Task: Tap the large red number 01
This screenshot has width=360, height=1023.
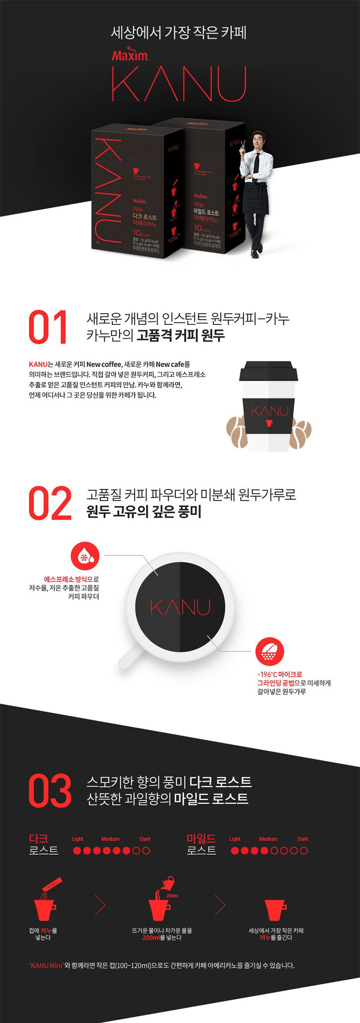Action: pos(48,328)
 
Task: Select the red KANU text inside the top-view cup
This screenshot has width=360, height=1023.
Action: pos(180,607)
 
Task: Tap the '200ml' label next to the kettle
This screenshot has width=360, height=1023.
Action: pos(172,895)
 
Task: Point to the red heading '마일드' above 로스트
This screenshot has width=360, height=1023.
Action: pos(201,838)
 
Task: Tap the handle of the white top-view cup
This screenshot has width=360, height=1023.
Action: pos(128,655)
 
